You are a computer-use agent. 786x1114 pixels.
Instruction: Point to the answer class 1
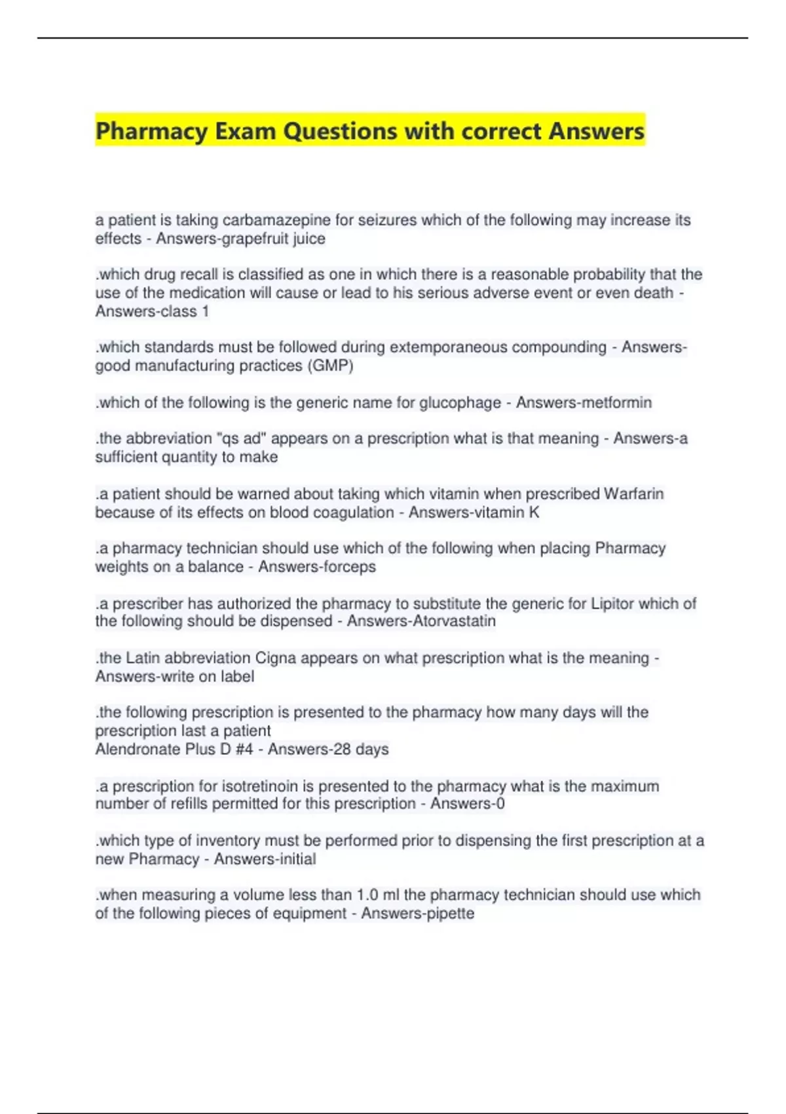[x=185, y=311]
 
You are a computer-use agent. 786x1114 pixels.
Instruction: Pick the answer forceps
[x=346, y=566]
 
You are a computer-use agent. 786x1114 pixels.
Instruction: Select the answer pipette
[x=450, y=913]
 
